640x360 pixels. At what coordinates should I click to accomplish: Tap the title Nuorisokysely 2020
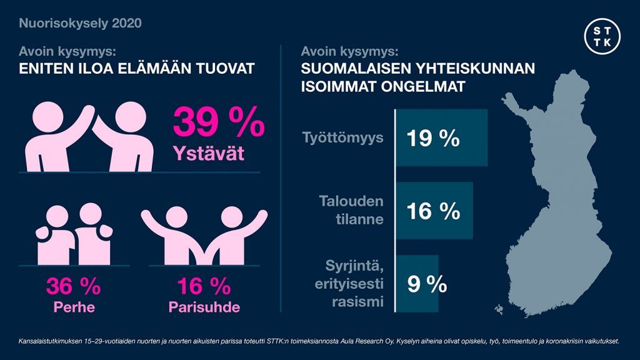80,24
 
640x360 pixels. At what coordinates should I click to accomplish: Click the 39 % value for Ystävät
218,123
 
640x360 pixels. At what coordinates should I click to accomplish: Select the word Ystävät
209,154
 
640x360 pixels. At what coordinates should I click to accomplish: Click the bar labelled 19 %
441,138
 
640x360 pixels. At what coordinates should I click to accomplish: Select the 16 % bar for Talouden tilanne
434,211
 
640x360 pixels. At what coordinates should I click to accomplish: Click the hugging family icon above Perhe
73,236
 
